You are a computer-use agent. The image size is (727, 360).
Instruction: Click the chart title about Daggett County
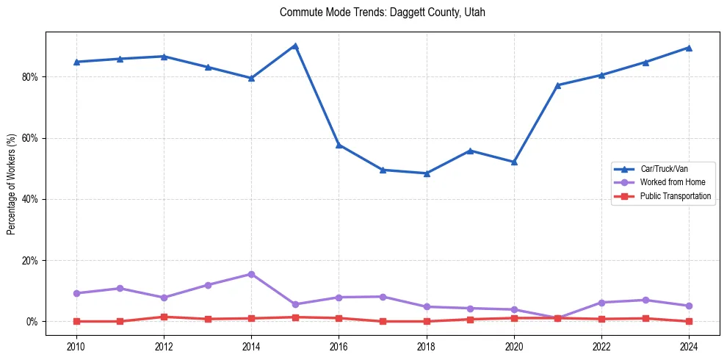[x=382, y=12]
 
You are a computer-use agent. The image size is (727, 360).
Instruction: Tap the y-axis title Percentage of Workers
[x=11, y=184]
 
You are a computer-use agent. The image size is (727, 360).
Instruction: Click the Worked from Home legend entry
[x=669, y=182]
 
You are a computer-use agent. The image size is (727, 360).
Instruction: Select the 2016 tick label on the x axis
[x=339, y=346]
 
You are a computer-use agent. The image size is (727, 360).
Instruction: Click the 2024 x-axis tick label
[x=689, y=346]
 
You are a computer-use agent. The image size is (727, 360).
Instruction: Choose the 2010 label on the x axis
[x=76, y=346]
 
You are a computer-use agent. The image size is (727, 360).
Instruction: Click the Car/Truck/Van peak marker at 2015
[x=295, y=46]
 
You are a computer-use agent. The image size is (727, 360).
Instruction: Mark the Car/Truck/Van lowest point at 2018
[x=427, y=173]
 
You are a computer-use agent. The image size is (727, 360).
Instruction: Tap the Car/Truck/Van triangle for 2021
[x=557, y=85]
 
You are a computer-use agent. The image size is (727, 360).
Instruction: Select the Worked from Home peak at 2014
[x=251, y=274]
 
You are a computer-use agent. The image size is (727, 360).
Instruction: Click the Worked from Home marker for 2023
[x=645, y=300]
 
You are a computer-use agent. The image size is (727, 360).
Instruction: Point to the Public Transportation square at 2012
[x=164, y=317]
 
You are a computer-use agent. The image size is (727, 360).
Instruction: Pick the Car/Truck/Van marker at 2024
[x=689, y=48]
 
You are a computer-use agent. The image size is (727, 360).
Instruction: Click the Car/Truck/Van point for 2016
[x=339, y=145]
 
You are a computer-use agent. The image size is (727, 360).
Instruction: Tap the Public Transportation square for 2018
[x=427, y=321]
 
